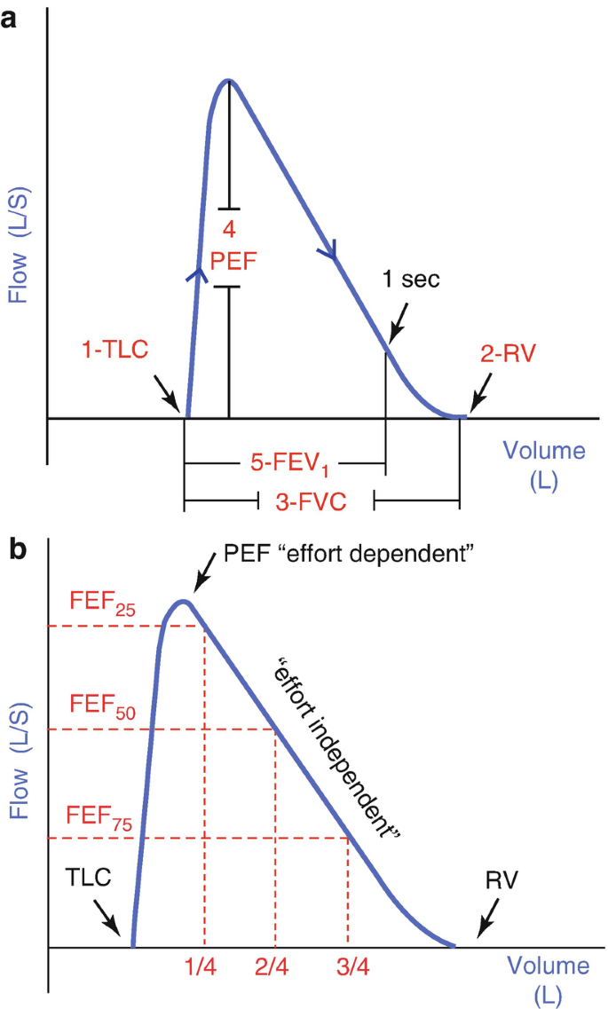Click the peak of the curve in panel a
click(x=229, y=81)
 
